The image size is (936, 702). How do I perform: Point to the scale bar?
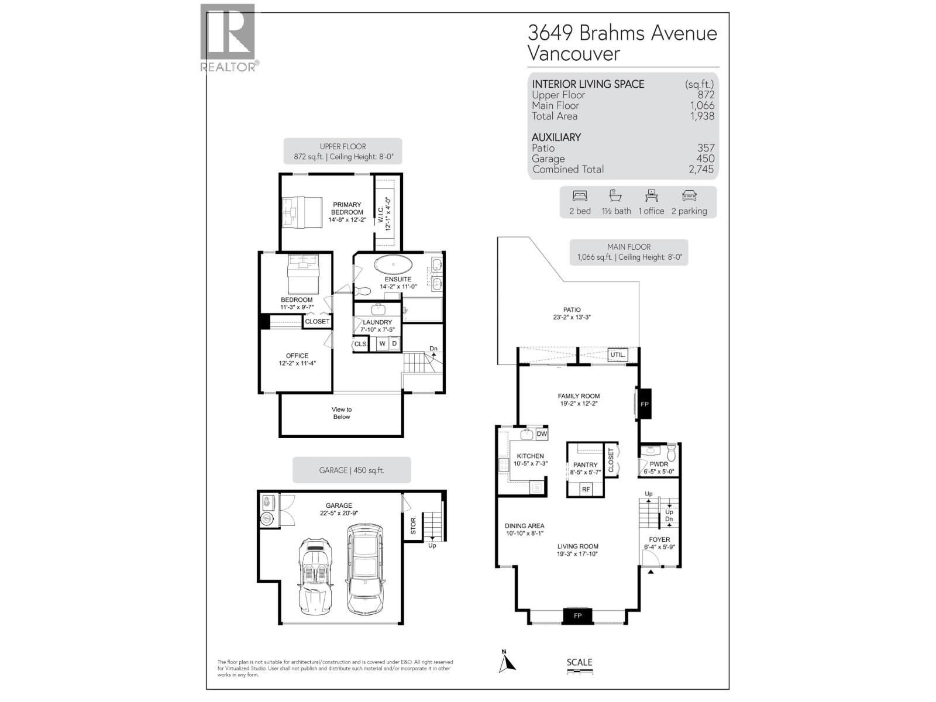[x=580, y=673]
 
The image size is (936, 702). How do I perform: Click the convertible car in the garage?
[x=316, y=576]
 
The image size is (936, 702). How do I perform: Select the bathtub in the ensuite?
[x=394, y=265]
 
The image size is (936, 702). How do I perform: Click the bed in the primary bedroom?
[x=302, y=211]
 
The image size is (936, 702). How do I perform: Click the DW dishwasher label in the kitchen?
[x=541, y=434]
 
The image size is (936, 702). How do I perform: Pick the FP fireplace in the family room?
[x=645, y=404]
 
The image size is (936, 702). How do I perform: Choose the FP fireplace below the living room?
[x=577, y=615]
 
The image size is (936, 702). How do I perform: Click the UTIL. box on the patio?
[x=618, y=355]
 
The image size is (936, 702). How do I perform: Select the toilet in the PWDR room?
[x=671, y=452]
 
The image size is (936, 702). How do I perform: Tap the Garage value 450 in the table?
[x=705, y=159]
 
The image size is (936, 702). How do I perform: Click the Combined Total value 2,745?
[x=701, y=169]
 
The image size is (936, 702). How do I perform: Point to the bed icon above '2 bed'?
[x=580, y=196]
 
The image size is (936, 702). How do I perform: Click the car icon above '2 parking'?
[x=689, y=196]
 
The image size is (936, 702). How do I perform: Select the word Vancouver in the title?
[x=573, y=53]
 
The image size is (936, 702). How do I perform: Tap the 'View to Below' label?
[x=342, y=413]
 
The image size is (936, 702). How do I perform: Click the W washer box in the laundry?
[x=382, y=343]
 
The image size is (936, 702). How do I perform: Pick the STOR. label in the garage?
[x=413, y=525]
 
